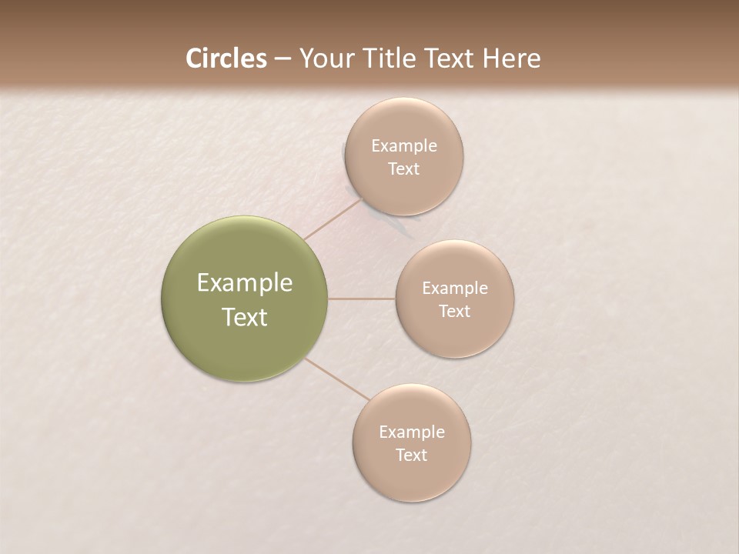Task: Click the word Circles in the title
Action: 226,58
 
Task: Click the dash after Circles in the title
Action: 282,59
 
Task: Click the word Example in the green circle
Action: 245,283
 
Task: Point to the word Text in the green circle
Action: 245,317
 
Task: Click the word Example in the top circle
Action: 404,146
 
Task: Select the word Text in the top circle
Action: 403,169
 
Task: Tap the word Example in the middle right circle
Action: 455,289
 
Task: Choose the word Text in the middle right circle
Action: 454,312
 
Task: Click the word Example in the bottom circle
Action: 412,432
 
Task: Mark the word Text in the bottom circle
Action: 411,456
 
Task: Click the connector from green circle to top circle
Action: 333,219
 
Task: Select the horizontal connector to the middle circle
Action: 362,299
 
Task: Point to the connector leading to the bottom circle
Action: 337,379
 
